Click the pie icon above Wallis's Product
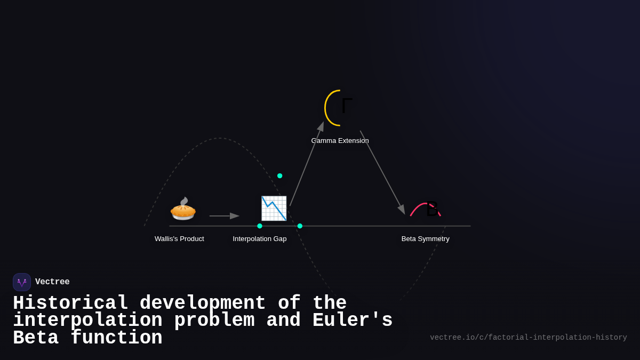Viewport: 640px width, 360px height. coord(183,209)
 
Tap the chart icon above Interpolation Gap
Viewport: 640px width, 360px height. coord(274,209)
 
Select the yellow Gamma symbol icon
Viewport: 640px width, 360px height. coord(338,108)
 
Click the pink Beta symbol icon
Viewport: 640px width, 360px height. coord(426,209)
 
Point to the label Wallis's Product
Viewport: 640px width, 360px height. coord(179,239)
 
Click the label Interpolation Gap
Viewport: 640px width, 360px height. coord(260,239)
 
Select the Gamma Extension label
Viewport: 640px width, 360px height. coord(340,141)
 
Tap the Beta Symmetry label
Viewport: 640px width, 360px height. coord(425,239)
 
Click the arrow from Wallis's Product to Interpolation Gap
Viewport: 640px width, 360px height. coord(224,216)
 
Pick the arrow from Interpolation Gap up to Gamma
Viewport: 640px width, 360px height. coord(307,164)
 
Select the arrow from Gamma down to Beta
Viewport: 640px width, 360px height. coord(382,172)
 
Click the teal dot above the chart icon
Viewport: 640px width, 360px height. coord(280,176)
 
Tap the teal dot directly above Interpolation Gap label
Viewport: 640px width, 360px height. coord(260,226)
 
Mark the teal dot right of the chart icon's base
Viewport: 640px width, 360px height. coord(300,226)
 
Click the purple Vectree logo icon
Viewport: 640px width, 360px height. coord(22,282)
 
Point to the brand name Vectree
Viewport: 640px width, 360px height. coord(52,282)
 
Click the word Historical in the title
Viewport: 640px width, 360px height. coord(70,303)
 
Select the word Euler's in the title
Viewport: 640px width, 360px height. coord(352,321)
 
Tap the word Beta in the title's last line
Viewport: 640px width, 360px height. coord(35,338)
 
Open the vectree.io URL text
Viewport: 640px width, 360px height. coord(528,338)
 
